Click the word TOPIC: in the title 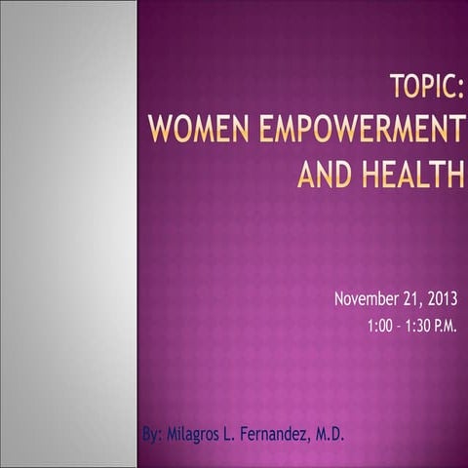(x=425, y=85)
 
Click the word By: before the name (x=152, y=433)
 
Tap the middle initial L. (x=241, y=433)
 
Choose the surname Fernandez (x=284, y=433)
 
